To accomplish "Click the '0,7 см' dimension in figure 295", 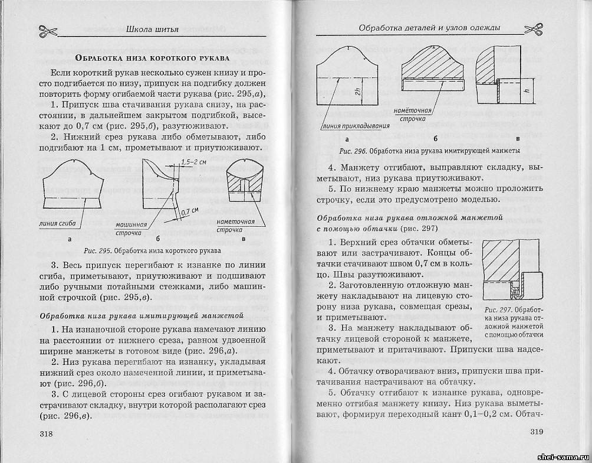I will coord(190,211).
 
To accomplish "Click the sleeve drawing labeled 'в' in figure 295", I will coord(244,183).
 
